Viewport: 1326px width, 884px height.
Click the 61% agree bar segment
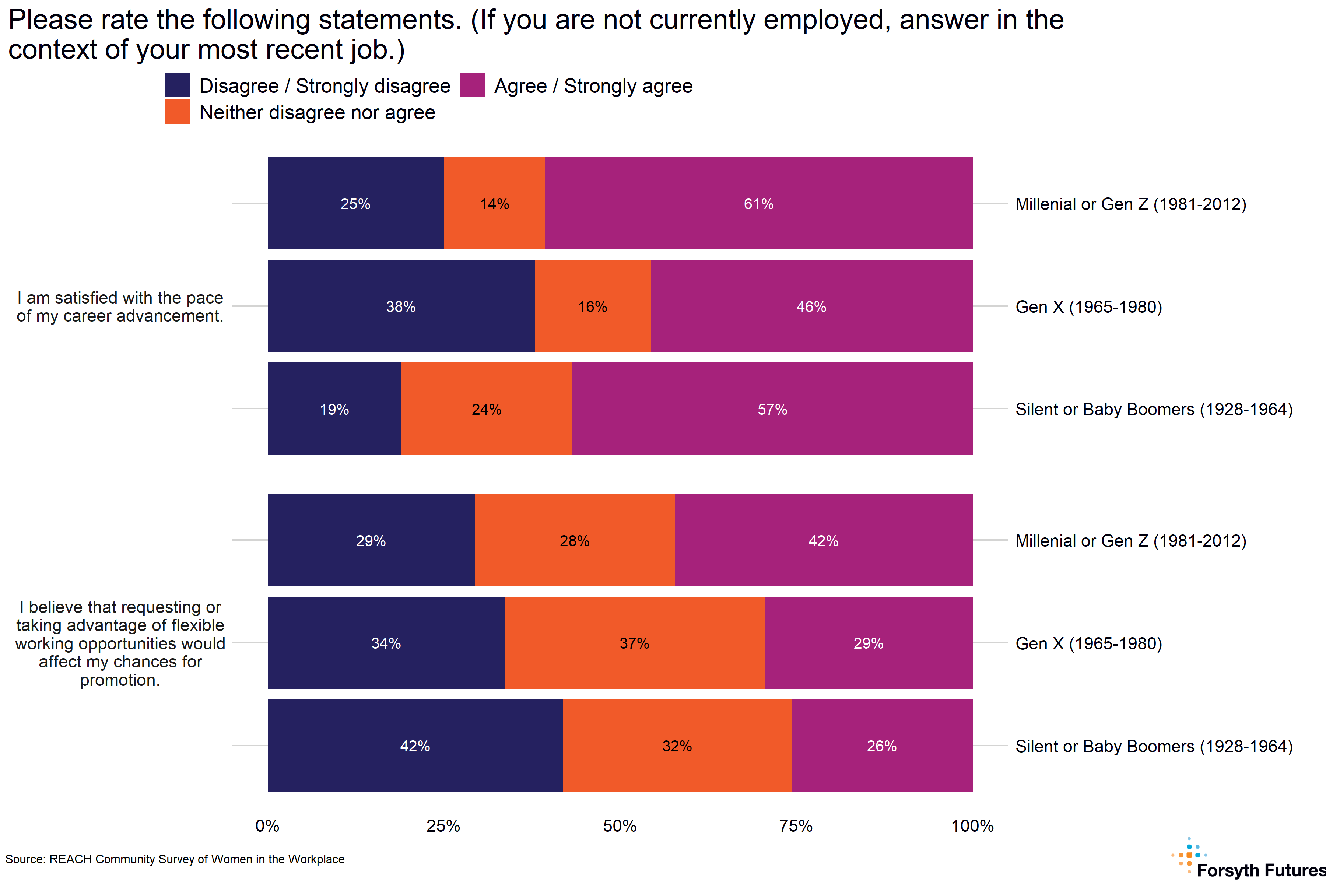click(x=758, y=204)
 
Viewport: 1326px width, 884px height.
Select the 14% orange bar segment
click(x=494, y=204)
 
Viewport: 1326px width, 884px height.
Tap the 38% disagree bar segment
click(x=401, y=306)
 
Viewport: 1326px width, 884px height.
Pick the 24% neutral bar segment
click(x=487, y=409)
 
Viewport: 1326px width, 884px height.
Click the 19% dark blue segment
click(x=334, y=409)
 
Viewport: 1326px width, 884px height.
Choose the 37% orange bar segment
click(x=634, y=643)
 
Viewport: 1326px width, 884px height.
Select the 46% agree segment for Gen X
click(x=811, y=306)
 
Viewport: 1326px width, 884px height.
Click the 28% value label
click(x=575, y=541)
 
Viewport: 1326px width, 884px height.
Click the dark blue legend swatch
click(x=178, y=85)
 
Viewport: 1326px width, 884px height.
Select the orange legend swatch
click(x=178, y=112)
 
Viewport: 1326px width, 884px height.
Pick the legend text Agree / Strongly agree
click(x=593, y=86)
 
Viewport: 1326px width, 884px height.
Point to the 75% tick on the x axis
click(x=796, y=826)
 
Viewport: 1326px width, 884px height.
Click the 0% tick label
click(x=267, y=826)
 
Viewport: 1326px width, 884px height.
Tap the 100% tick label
click(x=972, y=826)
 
